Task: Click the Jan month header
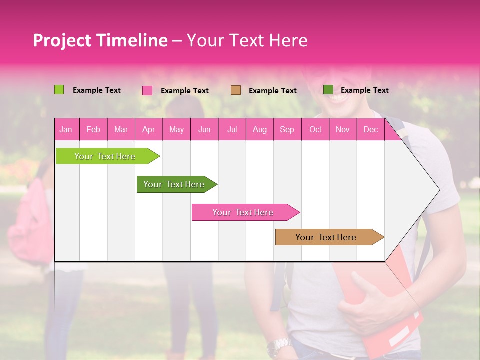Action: point(66,130)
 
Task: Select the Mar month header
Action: point(121,130)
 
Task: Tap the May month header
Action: point(176,130)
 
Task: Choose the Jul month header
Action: point(232,130)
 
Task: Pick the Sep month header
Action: point(287,130)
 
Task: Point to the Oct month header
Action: point(315,130)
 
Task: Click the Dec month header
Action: point(370,130)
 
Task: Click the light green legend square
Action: point(59,90)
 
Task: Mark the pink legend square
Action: point(147,90)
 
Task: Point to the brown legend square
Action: point(236,90)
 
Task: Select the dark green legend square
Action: point(328,90)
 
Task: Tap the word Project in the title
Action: point(62,40)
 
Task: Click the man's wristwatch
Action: point(279,346)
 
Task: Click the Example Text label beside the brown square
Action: point(272,91)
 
